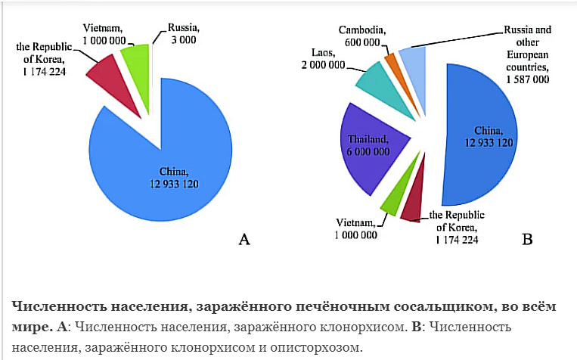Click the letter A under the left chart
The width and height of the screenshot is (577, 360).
click(x=244, y=240)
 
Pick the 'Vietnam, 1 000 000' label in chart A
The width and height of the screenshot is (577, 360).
click(x=99, y=23)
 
